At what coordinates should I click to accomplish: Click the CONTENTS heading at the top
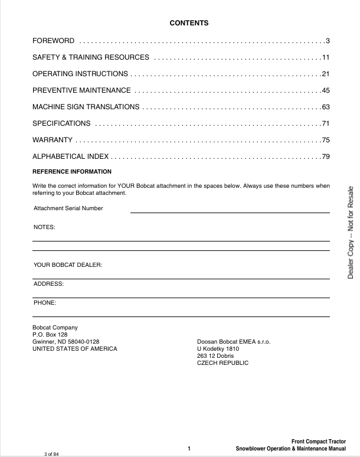(189, 23)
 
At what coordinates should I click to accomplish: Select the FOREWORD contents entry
(53, 41)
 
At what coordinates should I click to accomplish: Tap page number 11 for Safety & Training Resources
(325, 57)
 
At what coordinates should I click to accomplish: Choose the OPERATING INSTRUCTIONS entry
(80, 74)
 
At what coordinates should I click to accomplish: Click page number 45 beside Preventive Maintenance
(325, 90)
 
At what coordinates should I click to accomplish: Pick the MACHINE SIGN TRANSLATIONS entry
(86, 107)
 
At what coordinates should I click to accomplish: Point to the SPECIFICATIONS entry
(61, 123)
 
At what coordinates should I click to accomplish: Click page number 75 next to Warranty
(325, 140)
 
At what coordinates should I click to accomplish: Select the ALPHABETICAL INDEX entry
(70, 156)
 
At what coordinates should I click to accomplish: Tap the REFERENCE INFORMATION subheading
(71, 172)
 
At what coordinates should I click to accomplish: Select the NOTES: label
(44, 227)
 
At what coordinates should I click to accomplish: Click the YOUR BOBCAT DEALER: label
(68, 265)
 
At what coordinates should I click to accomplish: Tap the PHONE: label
(45, 303)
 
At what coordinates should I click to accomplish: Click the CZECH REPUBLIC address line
(222, 363)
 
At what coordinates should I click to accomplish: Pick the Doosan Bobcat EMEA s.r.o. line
(233, 342)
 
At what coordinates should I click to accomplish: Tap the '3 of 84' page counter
(52, 453)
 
